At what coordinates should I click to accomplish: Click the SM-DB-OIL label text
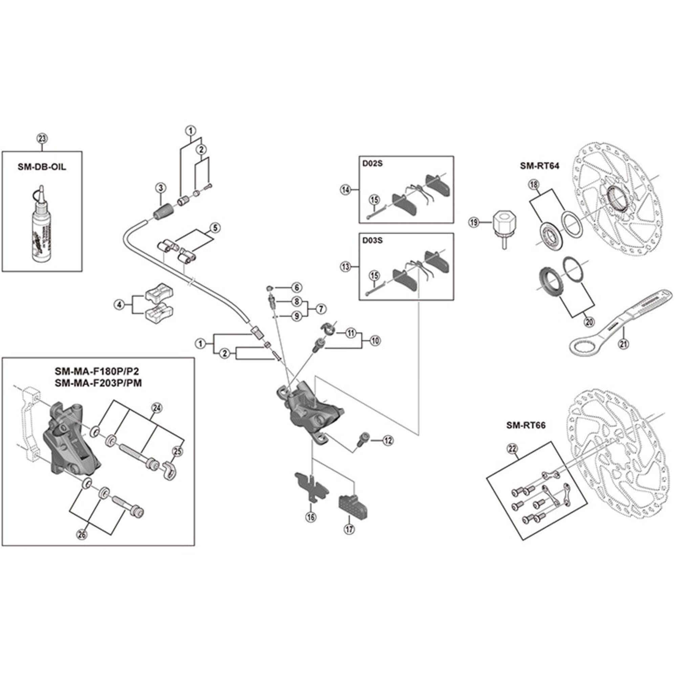[x=42, y=167]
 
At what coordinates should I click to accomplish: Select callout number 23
[x=42, y=139]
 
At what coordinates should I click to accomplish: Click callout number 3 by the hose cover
[x=160, y=188]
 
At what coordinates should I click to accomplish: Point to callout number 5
[x=215, y=228]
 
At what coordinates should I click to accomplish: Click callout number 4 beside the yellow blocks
[x=120, y=305]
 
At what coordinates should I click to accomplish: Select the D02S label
[x=372, y=164]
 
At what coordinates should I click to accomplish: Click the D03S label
[x=372, y=240]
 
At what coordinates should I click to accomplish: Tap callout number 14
[x=346, y=190]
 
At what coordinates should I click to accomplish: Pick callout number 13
[x=346, y=267]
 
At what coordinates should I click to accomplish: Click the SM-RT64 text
[x=539, y=166]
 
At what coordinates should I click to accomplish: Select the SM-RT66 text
[x=526, y=425]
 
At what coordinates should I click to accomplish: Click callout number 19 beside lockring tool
[x=474, y=222]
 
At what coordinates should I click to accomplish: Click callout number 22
[x=512, y=448]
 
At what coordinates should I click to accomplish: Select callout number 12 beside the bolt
[x=388, y=440]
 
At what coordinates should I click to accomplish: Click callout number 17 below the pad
[x=349, y=529]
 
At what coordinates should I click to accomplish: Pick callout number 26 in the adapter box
[x=82, y=535]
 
